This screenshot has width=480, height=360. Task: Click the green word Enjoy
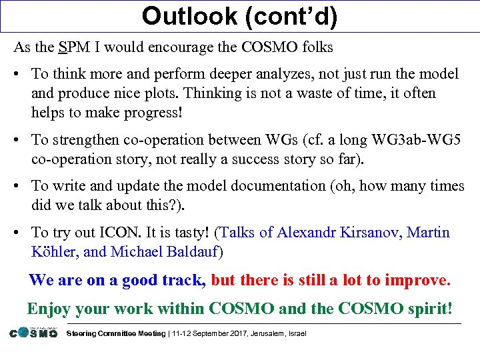click(x=49, y=309)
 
